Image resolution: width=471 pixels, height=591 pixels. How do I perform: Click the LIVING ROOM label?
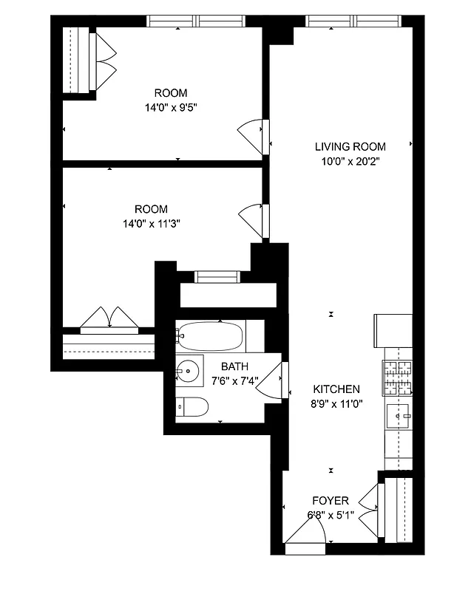(350, 146)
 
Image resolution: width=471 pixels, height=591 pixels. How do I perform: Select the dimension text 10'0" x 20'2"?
(350, 160)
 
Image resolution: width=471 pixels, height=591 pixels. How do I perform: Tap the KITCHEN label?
(336, 389)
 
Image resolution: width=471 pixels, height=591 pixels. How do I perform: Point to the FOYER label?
(331, 501)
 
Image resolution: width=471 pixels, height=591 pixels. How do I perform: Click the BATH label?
(234, 366)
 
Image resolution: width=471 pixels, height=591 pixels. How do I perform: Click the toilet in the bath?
(192, 407)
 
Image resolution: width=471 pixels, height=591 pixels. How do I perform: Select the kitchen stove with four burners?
(397, 378)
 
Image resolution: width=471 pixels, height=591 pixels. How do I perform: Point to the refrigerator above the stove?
(393, 330)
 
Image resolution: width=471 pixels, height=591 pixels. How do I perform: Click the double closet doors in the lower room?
(109, 318)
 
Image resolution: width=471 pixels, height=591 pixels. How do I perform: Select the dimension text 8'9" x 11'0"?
(336, 403)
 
